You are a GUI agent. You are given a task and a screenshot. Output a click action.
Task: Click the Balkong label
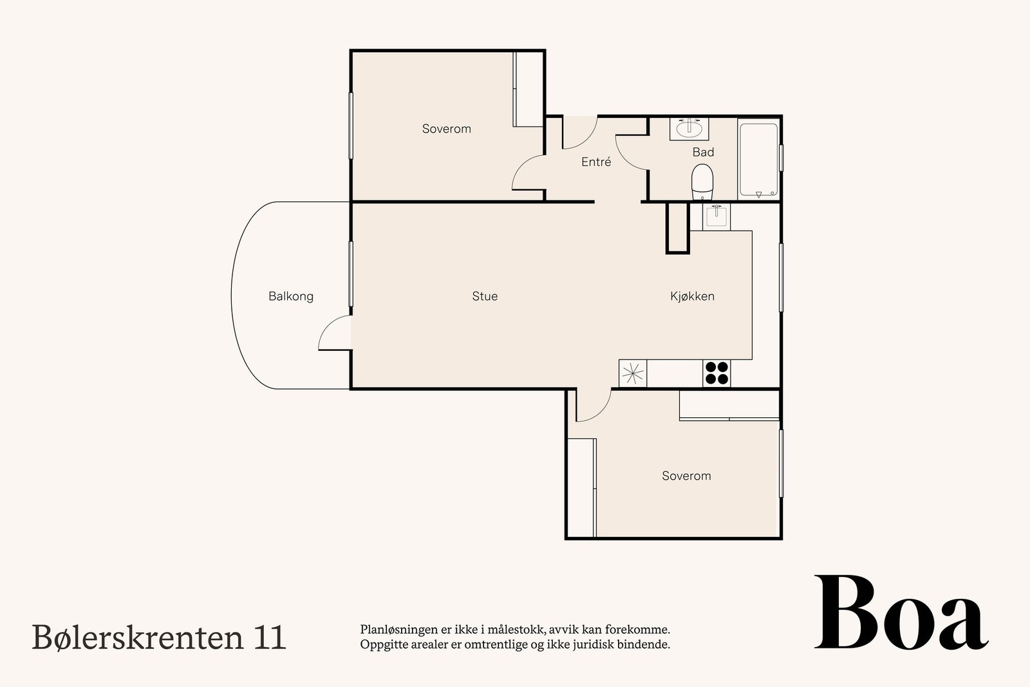tap(291, 296)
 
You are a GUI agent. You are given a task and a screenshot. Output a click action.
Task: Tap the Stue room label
tap(485, 296)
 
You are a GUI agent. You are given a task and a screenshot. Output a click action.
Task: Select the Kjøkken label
tap(692, 296)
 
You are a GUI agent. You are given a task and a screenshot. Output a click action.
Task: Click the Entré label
tap(596, 162)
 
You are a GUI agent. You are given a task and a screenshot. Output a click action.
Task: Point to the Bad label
tap(703, 153)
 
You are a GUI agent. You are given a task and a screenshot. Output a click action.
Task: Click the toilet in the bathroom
tap(702, 182)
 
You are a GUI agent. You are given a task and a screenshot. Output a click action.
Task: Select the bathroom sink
tap(689, 129)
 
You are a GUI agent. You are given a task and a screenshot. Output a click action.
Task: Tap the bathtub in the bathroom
tap(758, 160)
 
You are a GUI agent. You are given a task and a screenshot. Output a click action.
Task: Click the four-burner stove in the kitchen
tap(716, 373)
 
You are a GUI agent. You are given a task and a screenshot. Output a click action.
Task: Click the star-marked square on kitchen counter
tap(632, 373)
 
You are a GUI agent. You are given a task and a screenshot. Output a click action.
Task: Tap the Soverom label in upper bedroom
tap(446, 129)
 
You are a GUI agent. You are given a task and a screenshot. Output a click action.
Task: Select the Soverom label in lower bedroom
tap(686, 476)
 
